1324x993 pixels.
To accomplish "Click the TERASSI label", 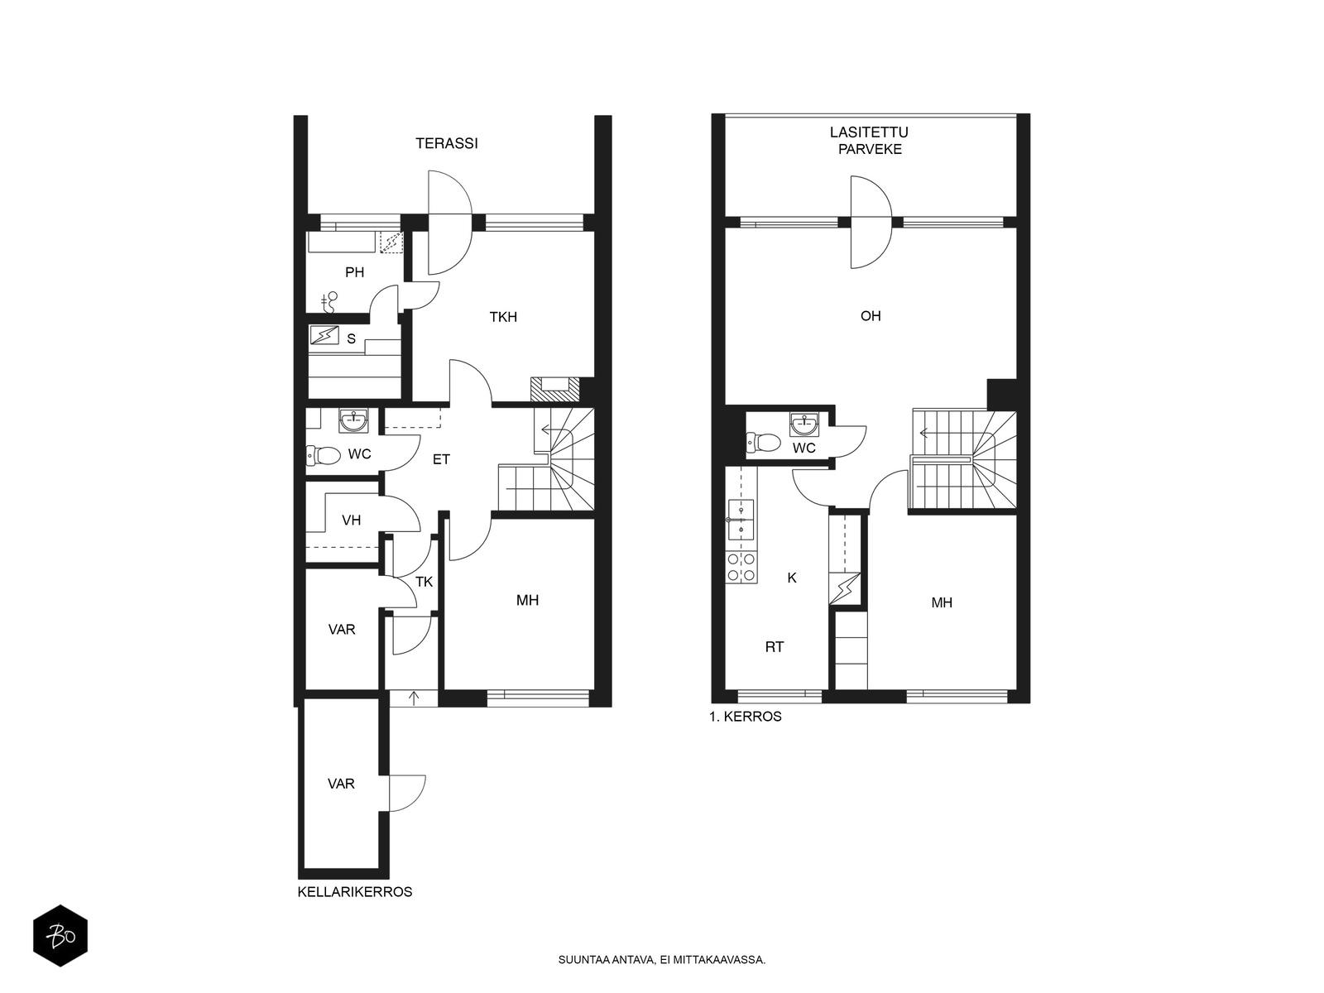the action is (446, 143).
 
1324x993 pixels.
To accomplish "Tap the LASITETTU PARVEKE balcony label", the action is (869, 141).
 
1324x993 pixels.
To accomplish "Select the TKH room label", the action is (503, 317).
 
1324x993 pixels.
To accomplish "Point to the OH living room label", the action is (871, 316).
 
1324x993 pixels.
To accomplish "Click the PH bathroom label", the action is (355, 272).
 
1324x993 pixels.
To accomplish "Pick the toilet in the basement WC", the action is (324, 455).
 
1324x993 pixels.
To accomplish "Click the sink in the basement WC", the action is (353, 421).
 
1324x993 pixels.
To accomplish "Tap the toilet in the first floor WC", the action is (764, 443).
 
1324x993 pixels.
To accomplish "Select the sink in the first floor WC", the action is (804, 425).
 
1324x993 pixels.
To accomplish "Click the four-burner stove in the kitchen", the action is (741, 568).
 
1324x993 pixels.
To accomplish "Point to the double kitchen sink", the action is (741, 519).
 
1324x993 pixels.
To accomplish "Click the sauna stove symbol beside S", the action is (324, 334).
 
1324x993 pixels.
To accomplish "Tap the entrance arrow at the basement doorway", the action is (414, 698).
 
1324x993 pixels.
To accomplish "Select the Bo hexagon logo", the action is (60, 936).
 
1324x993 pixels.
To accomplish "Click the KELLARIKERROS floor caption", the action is (355, 892).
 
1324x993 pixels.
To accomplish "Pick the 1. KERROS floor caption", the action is (746, 717).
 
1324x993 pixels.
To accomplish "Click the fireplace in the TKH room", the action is (555, 390).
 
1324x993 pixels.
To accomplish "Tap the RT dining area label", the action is (775, 647).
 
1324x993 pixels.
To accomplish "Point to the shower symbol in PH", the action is (329, 302).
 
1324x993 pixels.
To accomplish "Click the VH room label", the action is (351, 520).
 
